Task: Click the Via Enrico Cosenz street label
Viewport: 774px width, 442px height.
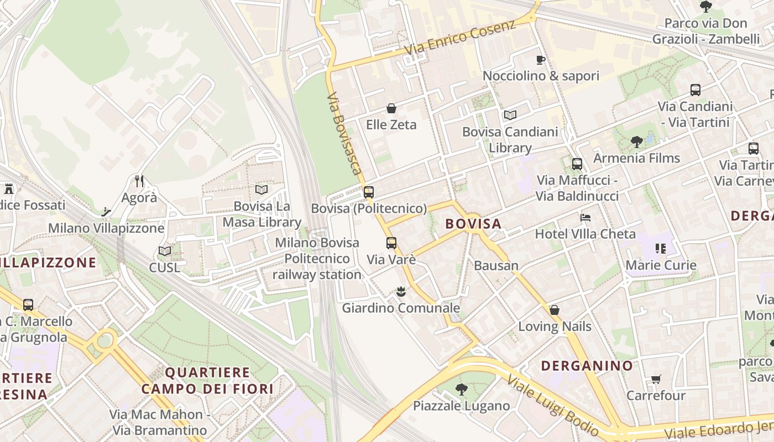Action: tap(460, 38)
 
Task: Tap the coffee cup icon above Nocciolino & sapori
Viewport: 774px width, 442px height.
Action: tap(541, 60)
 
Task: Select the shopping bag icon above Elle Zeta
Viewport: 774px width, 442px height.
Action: tap(391, 108)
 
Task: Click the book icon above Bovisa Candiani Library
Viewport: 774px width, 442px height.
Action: tap(510, 115)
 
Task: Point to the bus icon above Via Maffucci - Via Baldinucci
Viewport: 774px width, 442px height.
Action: tap(577, 164)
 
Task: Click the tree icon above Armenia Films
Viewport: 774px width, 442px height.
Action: tap(636, 142)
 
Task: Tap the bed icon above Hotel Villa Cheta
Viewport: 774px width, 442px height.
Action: tap(585, 217)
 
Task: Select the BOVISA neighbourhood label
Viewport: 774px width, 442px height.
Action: tap(473, 224)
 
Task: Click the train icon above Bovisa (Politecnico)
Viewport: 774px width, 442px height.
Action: tap(369, 192)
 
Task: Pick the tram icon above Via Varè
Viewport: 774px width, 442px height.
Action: tap(391, 243)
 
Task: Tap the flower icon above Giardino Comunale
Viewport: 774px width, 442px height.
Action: tap(401, 291)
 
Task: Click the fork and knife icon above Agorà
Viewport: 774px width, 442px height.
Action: tap(139, 181)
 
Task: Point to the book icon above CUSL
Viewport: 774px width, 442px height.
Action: tap(165, 251)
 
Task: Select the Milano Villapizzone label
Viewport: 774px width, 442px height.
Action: tap(106, 228)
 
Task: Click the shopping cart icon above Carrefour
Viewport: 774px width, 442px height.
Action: tap(656, 379)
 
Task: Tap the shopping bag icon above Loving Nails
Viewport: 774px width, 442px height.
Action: tap(555, 310)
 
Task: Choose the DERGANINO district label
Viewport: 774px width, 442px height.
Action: tap(587, 366)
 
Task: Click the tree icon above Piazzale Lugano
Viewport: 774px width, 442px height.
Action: tap(462, 390)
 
